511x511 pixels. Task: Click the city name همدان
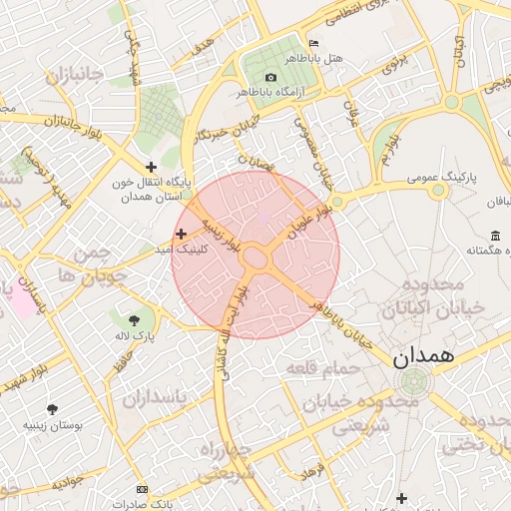pyautogui.click(x=423, y=355)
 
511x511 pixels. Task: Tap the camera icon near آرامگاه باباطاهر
pyautogui.click(x=271, y=77)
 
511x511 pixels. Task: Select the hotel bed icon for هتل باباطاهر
pyautogui.click(x=314, y=44)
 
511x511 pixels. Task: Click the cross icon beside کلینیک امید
pyautogui.click(x=181, y=233)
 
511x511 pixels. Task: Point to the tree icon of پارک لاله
pyautogui.click(x=135, y=319)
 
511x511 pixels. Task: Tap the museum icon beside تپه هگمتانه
pyautogui.click(x=496, y=236)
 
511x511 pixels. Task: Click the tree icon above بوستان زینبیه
pyautogui.click(x=52, y=408)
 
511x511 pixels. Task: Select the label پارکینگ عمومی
pyautogui.click(x=441, y=178)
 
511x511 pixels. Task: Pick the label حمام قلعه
pyautogui.click(x=321, y=370)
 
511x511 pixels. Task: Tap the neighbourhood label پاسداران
pyautogui.click(x=156, y=399)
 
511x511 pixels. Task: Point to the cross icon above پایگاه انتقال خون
pyautogui.click(x=151, y=167)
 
